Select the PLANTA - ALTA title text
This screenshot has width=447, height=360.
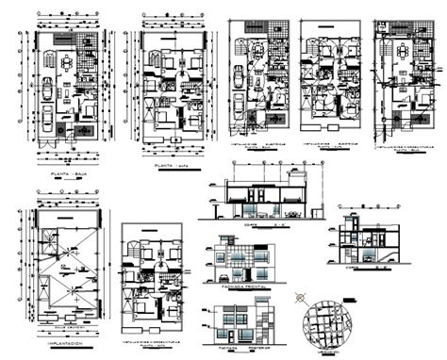click(x=170, y=166)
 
